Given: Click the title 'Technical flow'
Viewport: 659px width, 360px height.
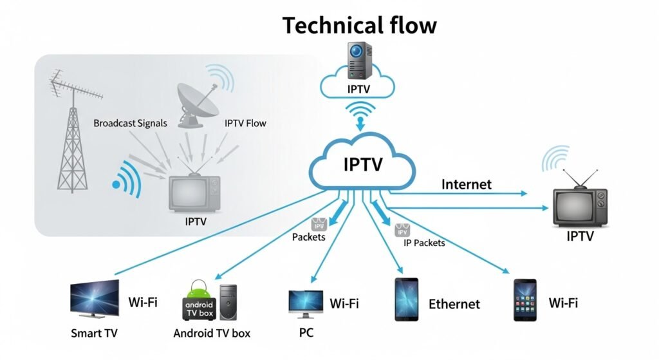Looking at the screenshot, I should (x=359, y=25).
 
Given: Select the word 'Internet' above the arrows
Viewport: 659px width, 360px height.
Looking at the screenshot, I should (x=466, y=185).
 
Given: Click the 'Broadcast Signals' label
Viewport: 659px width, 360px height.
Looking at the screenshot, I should (x=130, y=122).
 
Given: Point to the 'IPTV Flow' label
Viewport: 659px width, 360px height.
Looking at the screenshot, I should (x=245, y=122).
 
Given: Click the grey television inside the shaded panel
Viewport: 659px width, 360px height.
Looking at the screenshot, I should (x=193, y=194).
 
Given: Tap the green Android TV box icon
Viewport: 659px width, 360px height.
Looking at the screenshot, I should (x=198, y=301).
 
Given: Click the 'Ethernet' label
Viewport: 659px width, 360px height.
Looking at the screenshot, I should (x=454, y=304).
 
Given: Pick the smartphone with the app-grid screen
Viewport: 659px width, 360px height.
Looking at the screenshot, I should (x=525, y=300).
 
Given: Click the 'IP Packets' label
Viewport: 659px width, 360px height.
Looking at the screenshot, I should (x=424, y=243).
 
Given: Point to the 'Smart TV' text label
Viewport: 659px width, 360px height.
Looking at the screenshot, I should (x=94, y=334).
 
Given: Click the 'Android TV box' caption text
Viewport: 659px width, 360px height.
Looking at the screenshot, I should (x=212, y=334).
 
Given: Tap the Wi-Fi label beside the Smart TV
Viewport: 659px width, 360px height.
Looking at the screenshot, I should (x=143, y=301).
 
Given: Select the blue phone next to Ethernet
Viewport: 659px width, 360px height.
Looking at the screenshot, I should (x=406, y=299).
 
